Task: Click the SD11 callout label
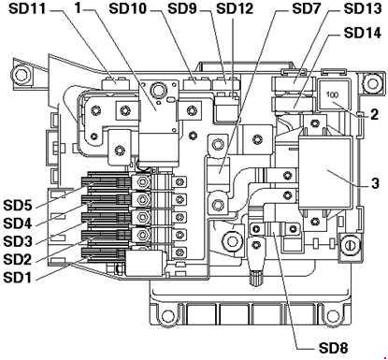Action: [x=27, y=8]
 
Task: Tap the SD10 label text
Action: [x=128, y=8]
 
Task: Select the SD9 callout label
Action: [x=182, y=8]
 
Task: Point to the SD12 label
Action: [x=235, y=8]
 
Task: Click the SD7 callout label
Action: [x=306, y=8]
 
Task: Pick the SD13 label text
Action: [x=363, y=8]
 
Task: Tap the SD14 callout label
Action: [x=363, y=33]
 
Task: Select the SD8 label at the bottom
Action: [x=333, y=348]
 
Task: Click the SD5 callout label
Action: [x=18, y=206]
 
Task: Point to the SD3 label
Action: [x=18, y=241]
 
